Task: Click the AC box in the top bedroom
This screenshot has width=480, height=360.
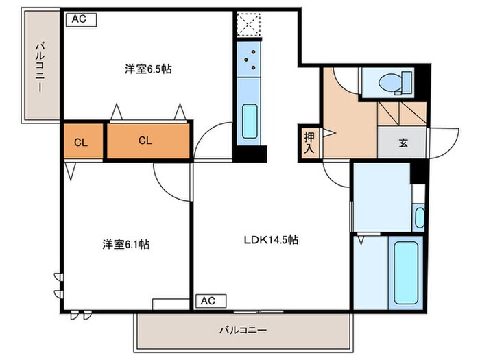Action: coord(82,20)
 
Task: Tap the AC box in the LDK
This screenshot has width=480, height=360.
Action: coord(211,301)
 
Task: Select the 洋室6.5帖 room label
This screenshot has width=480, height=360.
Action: coord(148,69)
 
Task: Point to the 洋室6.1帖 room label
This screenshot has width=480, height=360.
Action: coord(125,244)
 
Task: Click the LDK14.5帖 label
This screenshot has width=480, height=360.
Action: coord(272,240)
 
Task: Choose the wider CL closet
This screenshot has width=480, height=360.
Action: coord(148,141)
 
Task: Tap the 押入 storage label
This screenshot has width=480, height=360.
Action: coord(309,143)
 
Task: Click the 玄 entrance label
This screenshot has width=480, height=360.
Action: coord(403,143)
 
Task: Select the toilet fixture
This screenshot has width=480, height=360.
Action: coord(395,83)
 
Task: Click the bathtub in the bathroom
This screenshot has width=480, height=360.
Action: coord(406,273)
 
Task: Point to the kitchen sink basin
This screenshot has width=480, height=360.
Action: coord(250,121)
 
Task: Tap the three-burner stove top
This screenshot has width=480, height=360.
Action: coord(248,59)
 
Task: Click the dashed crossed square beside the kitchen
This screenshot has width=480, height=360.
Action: coord(249,25)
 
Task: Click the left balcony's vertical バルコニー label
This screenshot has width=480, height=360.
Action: coord(40,67)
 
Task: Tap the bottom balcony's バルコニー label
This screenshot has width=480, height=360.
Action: coord(243,331)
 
